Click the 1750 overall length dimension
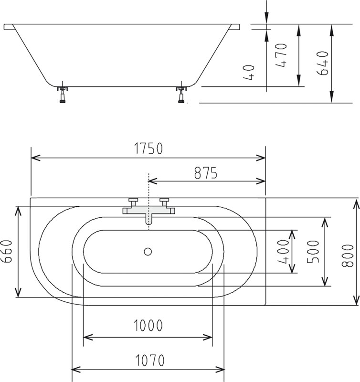tap(148, 149)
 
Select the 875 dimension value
tap(206, 173)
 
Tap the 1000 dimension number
tap(148, 325)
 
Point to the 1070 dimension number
tap(150, 361)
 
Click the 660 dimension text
tap(7, 251)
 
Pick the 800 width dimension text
tap(348, 256)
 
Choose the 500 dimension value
tap(313, 252)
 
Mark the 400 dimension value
tap(283, 252)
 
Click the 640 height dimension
tap(323, 63)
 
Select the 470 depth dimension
tap(281, 55)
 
